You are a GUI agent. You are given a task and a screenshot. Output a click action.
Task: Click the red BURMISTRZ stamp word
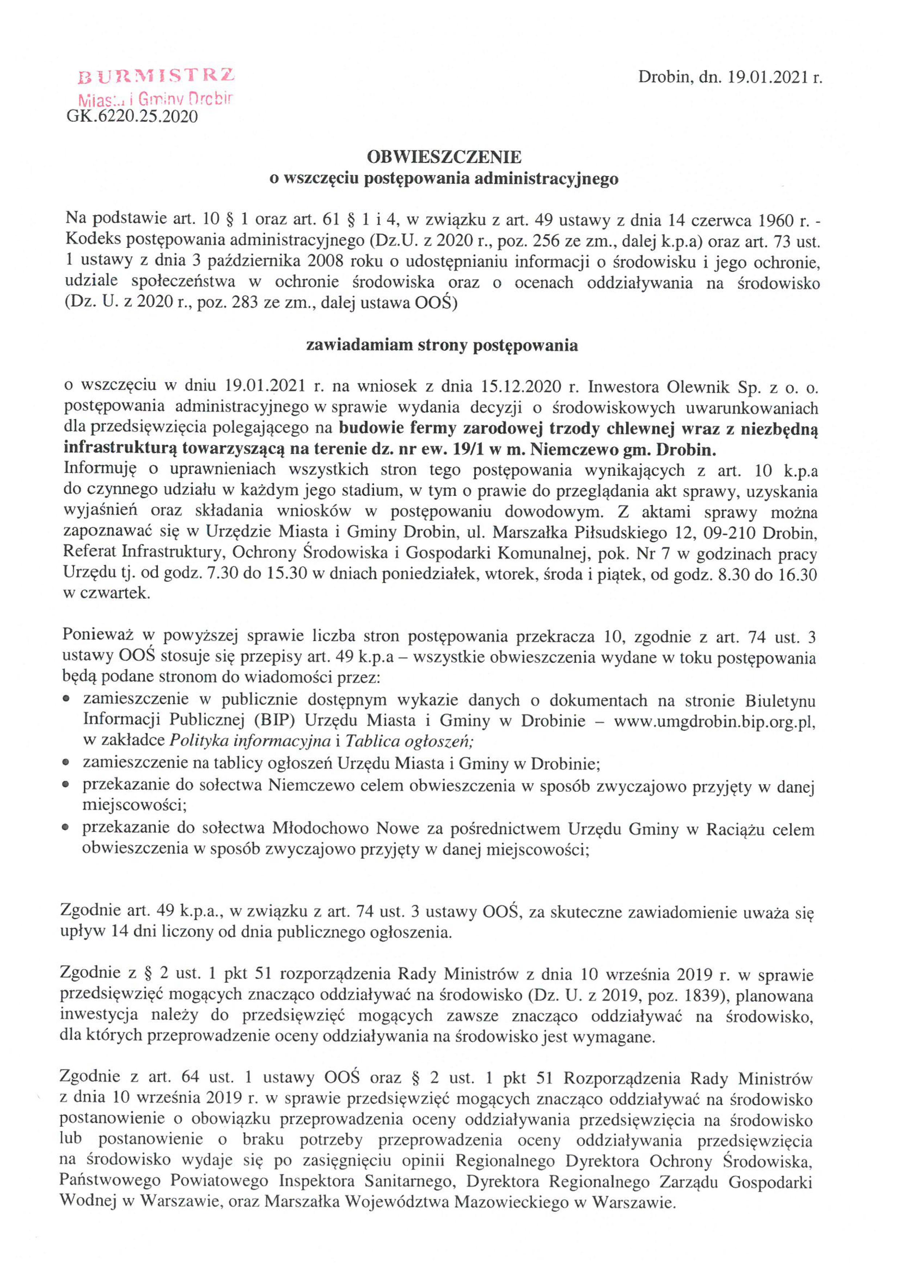[x=157, y=76]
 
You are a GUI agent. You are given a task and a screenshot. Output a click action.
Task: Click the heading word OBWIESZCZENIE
[x=444, y=157]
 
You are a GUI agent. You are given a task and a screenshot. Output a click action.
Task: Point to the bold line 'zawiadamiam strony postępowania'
[x=442, y=345]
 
